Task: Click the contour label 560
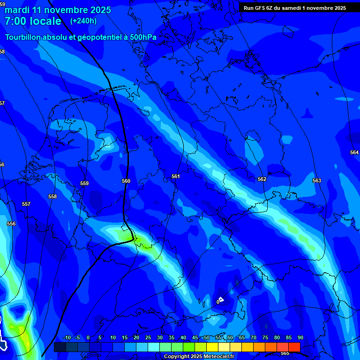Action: (126, 181)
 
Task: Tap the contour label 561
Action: (175, 176)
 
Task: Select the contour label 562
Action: (262, 179)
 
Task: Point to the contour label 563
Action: (317, 180)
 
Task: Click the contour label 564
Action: (354, 152)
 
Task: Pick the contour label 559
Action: (84, 183)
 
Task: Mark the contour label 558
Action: (52, 196)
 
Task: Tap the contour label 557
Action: (26, 204)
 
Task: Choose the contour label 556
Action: (11, 224)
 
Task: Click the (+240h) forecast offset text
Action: (83, 21)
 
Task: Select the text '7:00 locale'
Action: (33, 21)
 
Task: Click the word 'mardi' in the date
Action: (17, 9)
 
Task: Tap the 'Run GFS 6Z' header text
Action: (260, 7)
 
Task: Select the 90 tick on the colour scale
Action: (300, 337)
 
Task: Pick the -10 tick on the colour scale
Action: (67, 337)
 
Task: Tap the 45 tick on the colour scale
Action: (195, 337)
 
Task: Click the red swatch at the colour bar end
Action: (294, 347)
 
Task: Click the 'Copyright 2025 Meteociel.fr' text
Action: (199, 356)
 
